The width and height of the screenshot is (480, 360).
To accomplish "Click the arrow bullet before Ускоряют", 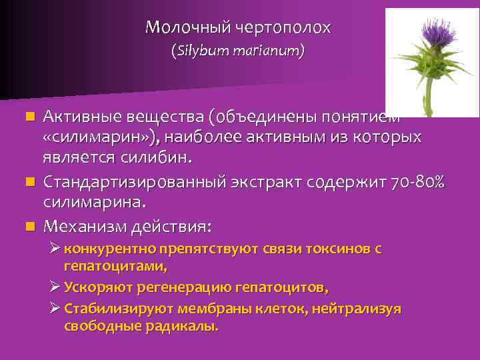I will pyautogui.click(x=56, y=287).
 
